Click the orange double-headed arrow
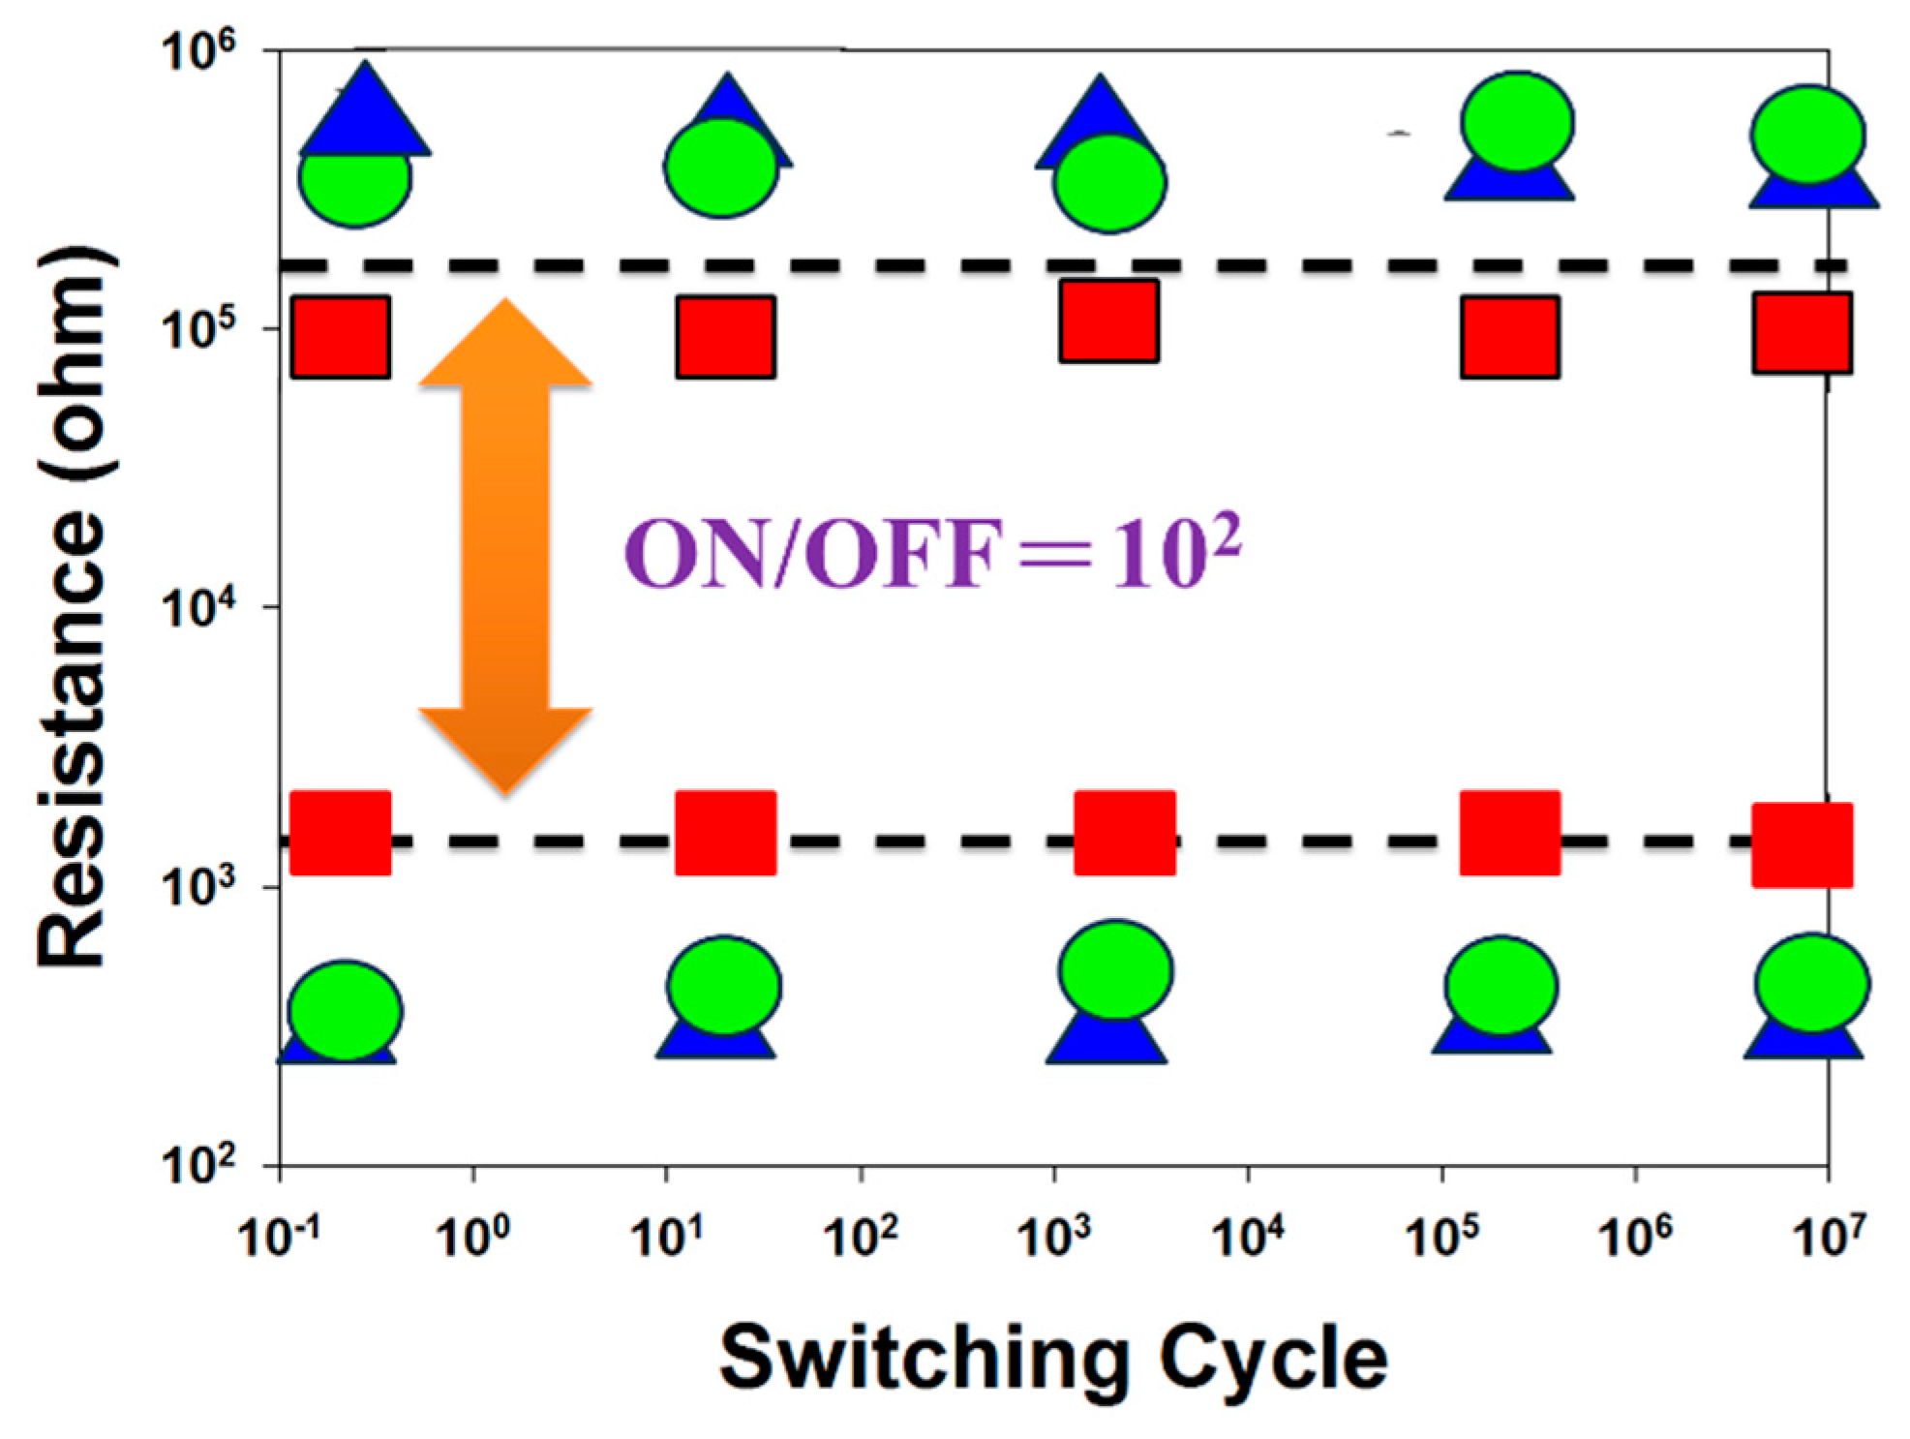504,547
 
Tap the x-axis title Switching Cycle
1052,1359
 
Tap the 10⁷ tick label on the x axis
1827,1235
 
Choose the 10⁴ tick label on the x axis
1248,1235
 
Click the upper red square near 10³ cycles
1109,321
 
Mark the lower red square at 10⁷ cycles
1803,844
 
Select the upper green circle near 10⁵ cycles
1518,121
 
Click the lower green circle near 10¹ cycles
724,986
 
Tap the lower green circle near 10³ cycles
1116,970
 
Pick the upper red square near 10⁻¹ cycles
341,336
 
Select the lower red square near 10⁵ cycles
1510,833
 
